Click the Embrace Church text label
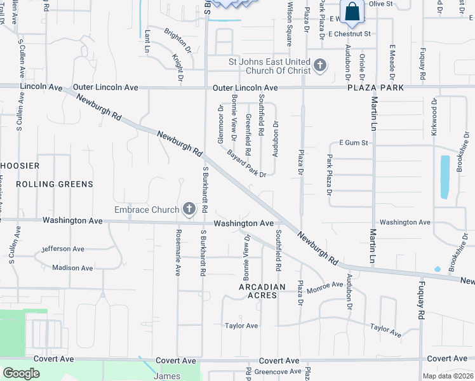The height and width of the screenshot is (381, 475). click(x=147, y=210)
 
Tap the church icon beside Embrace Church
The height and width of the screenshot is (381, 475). click(x=189, y=208)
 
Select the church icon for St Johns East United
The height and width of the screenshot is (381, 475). click(x=319, y=65)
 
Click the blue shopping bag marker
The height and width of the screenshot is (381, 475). click(x=352, y=12)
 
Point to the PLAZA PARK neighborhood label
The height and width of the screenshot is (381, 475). click(x=375, y=88)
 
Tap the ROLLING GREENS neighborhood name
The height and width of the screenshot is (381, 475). click(x=55, y=184)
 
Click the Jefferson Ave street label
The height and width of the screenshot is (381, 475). click(x=63, y=249)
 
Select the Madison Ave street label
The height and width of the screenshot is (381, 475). click(x=73, y=267)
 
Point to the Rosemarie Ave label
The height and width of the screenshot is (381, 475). click(x=178, y=253)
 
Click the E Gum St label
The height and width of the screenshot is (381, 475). click(x=354, y=143)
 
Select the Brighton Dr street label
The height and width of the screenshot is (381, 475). click(x=178, y=39)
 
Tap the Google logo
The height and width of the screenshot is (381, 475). click(x=21, y=373)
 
